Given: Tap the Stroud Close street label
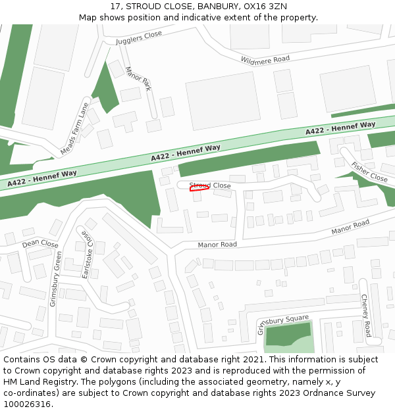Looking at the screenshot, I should tap(210, 185).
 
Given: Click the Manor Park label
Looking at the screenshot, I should tap(138, 78).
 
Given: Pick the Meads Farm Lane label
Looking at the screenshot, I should tap(74, 128).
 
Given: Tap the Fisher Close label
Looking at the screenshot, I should tap(369, 172).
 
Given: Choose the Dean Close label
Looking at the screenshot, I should tap(40, 244).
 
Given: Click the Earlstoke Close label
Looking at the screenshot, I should tap(87, 254).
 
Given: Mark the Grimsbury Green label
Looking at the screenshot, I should tap(57, 279).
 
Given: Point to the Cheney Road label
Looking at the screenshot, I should tap(365, 315).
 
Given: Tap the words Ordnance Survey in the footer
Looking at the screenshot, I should tap(339, 393).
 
